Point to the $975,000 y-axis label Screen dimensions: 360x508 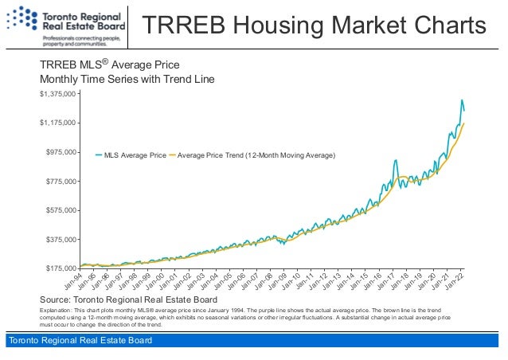pos(59,152)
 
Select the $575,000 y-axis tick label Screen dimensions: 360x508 pos(59,210)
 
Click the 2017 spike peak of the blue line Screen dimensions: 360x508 pos(396,161)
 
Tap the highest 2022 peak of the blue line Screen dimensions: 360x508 pos(461,100)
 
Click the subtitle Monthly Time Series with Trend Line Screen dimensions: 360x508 pos(127,80)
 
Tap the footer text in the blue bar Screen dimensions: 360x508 pos(79,342)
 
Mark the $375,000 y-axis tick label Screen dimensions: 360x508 pos(59,239)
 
